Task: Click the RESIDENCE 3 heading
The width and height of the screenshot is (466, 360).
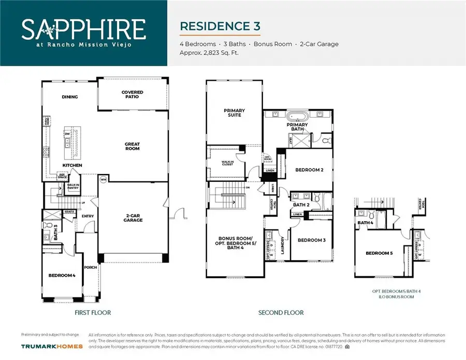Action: (220, 26)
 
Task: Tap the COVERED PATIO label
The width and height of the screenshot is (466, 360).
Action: (133, 95)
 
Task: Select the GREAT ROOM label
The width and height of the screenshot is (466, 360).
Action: (132, 147)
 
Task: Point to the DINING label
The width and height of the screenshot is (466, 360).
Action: (69, 96)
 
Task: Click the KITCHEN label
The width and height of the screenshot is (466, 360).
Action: (72, 165)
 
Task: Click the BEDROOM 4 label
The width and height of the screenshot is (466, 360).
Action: (62, 276)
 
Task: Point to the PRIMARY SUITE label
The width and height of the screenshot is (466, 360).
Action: (234, 112)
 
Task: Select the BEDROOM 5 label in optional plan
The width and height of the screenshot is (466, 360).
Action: (378, 253)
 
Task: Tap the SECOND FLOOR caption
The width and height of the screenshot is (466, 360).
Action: (281, 313)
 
